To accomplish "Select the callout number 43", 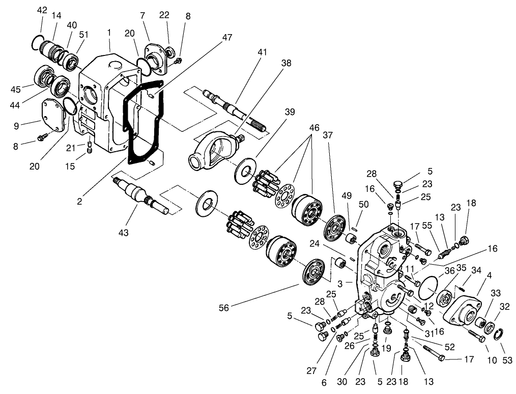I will click(124, 233).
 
